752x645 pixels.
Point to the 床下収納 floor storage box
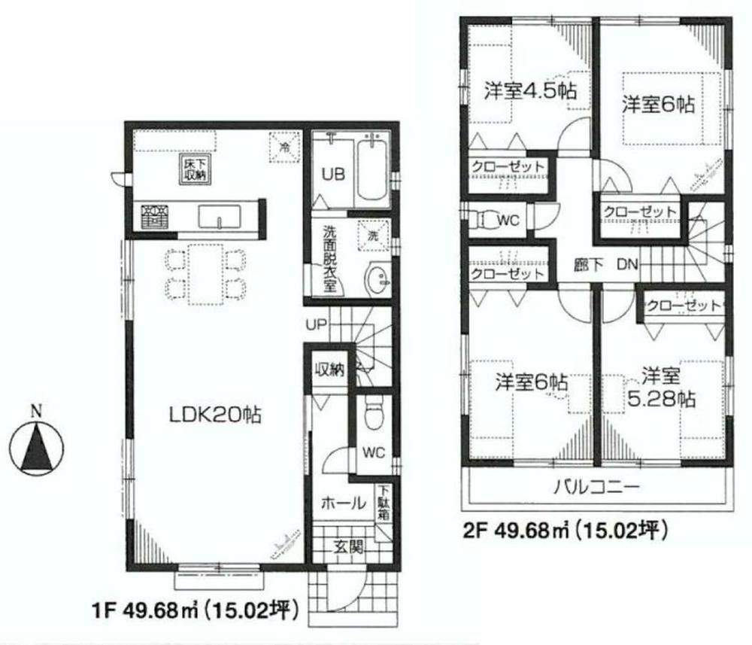[x=194, y=168]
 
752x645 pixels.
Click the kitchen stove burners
[x=156, y=217]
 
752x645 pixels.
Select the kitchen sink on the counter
[x=220, y=218]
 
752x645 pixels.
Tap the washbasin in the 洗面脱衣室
[x=375, y=280]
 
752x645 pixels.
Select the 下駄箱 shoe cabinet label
[x=384, y=503]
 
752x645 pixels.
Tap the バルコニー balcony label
[x=598, y=488]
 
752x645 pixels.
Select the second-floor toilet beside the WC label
[x=482, y=220]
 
